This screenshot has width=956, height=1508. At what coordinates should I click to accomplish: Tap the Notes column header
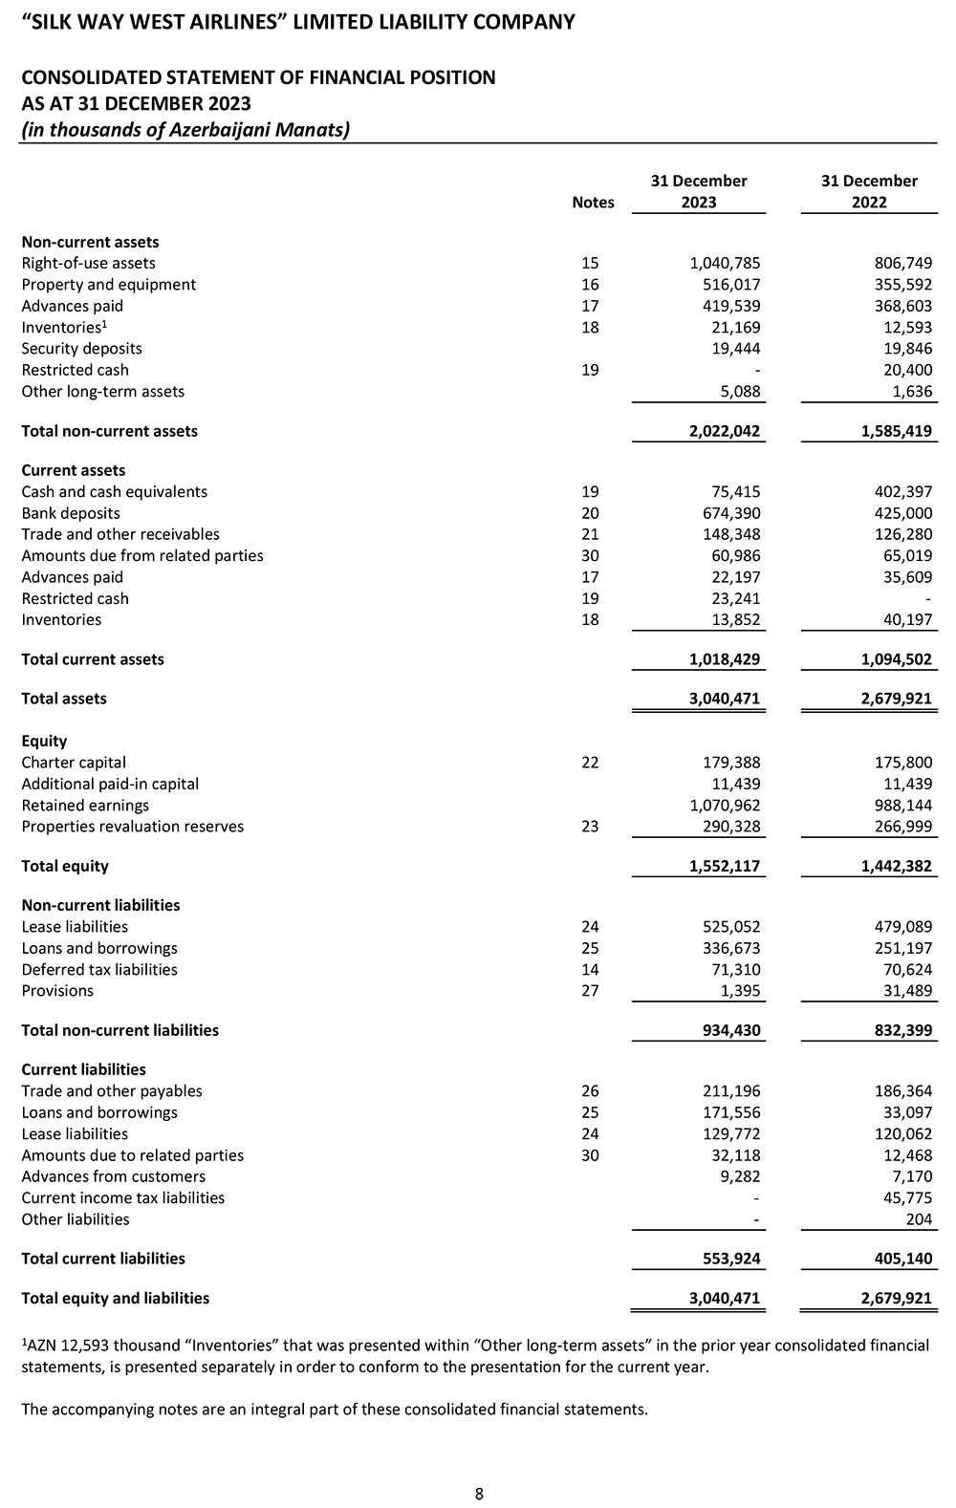click(x=593, y=202)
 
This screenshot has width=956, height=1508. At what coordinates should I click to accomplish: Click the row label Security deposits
click(x=81, y=348)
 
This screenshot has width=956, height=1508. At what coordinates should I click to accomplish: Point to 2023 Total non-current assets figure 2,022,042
click(x=724, y=431)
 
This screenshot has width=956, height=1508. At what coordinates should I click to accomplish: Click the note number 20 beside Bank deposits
click(x=590, y=513)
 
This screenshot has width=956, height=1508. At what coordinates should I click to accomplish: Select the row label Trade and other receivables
click(x=120, y=534)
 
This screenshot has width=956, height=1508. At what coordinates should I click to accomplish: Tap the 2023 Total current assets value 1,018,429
click(x=724, y=659)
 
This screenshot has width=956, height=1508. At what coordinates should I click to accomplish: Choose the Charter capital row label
click(x=74, y=762)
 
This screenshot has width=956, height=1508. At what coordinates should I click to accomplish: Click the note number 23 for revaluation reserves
click(x=590, y=826)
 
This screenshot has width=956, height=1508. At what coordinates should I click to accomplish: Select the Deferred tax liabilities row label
click(x=99, y=969)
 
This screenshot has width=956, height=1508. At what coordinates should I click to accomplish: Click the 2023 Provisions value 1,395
click(x=740, y=990)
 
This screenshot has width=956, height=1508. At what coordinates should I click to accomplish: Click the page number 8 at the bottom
click(x=479, y=1494)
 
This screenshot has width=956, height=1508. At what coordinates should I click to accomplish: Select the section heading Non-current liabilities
click(x=100, y=905)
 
